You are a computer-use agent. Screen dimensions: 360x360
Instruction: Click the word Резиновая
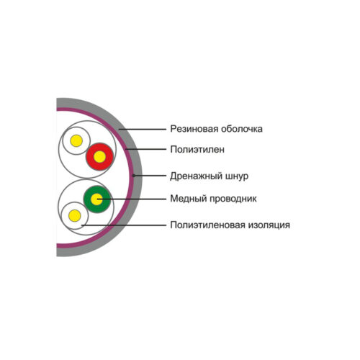coord(194,129)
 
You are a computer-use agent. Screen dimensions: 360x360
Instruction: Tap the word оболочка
coord(242,129)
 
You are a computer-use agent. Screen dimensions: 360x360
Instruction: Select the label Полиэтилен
coord(197,150)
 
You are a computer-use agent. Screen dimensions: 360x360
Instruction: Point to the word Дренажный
coord(197,176)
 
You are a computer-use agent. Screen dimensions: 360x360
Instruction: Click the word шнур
coord(237,176)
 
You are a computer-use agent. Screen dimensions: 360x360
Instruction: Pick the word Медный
coord(189,199)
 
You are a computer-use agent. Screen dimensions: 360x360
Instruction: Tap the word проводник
coord(233,199)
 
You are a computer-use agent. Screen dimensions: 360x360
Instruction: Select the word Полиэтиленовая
coord(207,225)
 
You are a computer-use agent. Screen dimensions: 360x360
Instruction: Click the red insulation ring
coord(100,147)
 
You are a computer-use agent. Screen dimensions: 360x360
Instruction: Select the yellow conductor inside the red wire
coord(100,157)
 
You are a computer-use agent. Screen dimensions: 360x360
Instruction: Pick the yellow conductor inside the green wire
coord(97,199)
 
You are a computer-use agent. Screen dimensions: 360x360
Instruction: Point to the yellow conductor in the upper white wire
coord(76,140)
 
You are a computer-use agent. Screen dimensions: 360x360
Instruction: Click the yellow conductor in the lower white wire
coord(75,215)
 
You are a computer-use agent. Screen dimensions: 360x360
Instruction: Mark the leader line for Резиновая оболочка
coord(143,130)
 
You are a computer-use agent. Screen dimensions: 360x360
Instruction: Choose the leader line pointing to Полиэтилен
coord(146,149)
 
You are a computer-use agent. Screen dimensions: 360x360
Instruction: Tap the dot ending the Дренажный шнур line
coord(134,176)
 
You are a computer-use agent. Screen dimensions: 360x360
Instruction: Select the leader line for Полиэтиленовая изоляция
coord(124,225)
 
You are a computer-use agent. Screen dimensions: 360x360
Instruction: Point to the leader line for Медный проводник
coord(132,199)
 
